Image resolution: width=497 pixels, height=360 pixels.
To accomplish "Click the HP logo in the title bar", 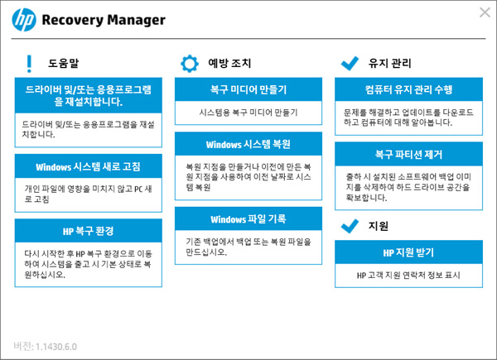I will (24, 20).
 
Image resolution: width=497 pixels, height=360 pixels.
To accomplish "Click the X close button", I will (485, 12).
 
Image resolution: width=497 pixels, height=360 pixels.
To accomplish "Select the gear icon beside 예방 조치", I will (190, 63).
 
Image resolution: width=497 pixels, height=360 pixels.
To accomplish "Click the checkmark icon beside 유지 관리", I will (350, 63).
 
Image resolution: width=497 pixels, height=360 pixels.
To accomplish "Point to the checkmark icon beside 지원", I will (350, 225).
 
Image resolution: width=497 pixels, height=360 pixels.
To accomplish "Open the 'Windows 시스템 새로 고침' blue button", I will (89, 166).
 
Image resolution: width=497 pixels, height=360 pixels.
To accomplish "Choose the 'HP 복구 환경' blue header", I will (89, 230).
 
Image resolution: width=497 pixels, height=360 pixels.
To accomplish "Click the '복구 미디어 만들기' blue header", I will (248, 89).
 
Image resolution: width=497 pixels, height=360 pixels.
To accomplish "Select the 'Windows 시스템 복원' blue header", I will (248, 145).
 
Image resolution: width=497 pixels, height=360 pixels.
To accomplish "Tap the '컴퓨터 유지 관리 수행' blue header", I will (408, 89).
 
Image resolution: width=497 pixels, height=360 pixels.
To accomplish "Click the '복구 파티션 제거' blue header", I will (408, 154).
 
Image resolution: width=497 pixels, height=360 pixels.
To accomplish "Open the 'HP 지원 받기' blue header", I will (408, 251).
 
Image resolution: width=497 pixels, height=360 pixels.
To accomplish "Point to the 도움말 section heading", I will (64, 63).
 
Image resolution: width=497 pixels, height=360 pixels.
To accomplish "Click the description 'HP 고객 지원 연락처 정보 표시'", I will (408, 274).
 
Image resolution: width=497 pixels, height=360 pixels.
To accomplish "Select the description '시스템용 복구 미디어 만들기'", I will (248, 111).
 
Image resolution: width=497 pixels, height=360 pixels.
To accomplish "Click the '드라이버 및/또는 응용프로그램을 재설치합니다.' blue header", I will (89, 94).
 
